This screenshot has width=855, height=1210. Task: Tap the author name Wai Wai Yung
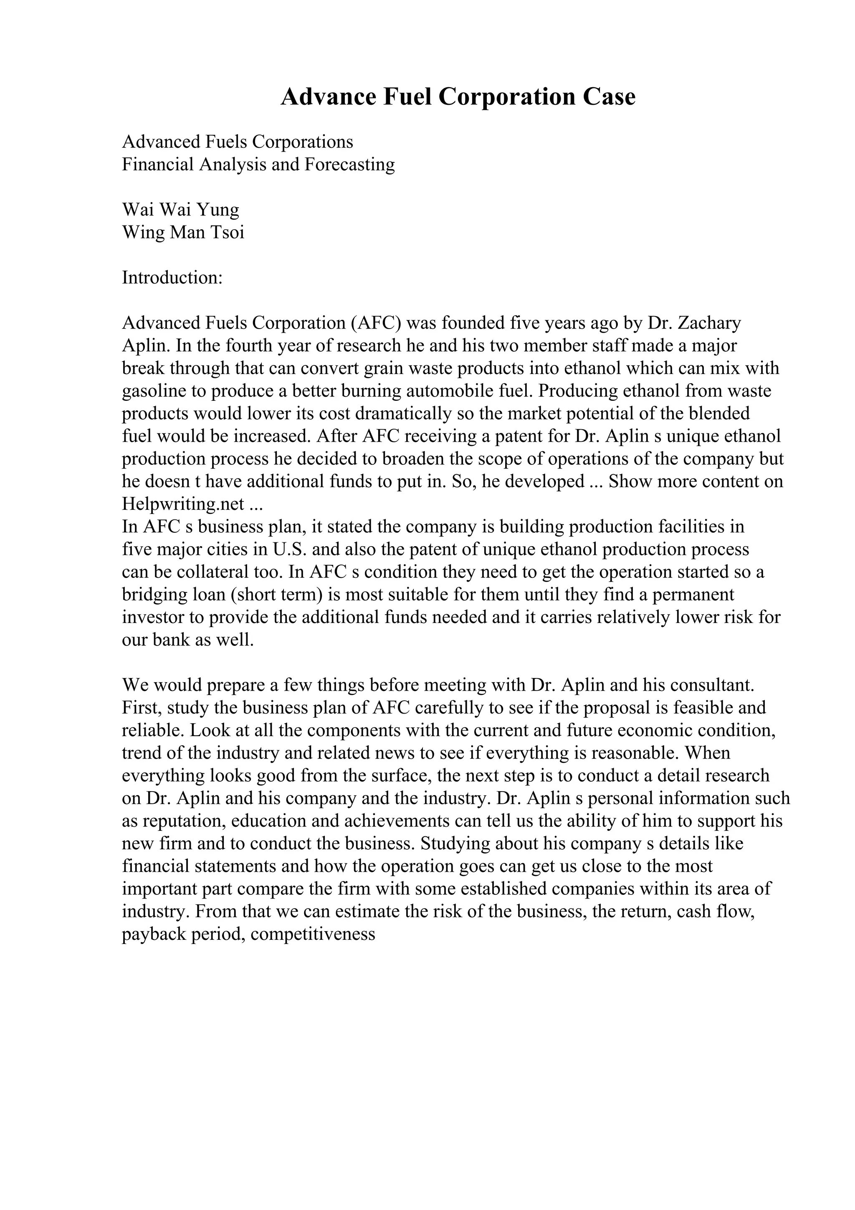click(x=181, y=210)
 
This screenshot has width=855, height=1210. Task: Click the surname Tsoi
click(x=228, y=233)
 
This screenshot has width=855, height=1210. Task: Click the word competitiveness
click(x=313, y=934)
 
